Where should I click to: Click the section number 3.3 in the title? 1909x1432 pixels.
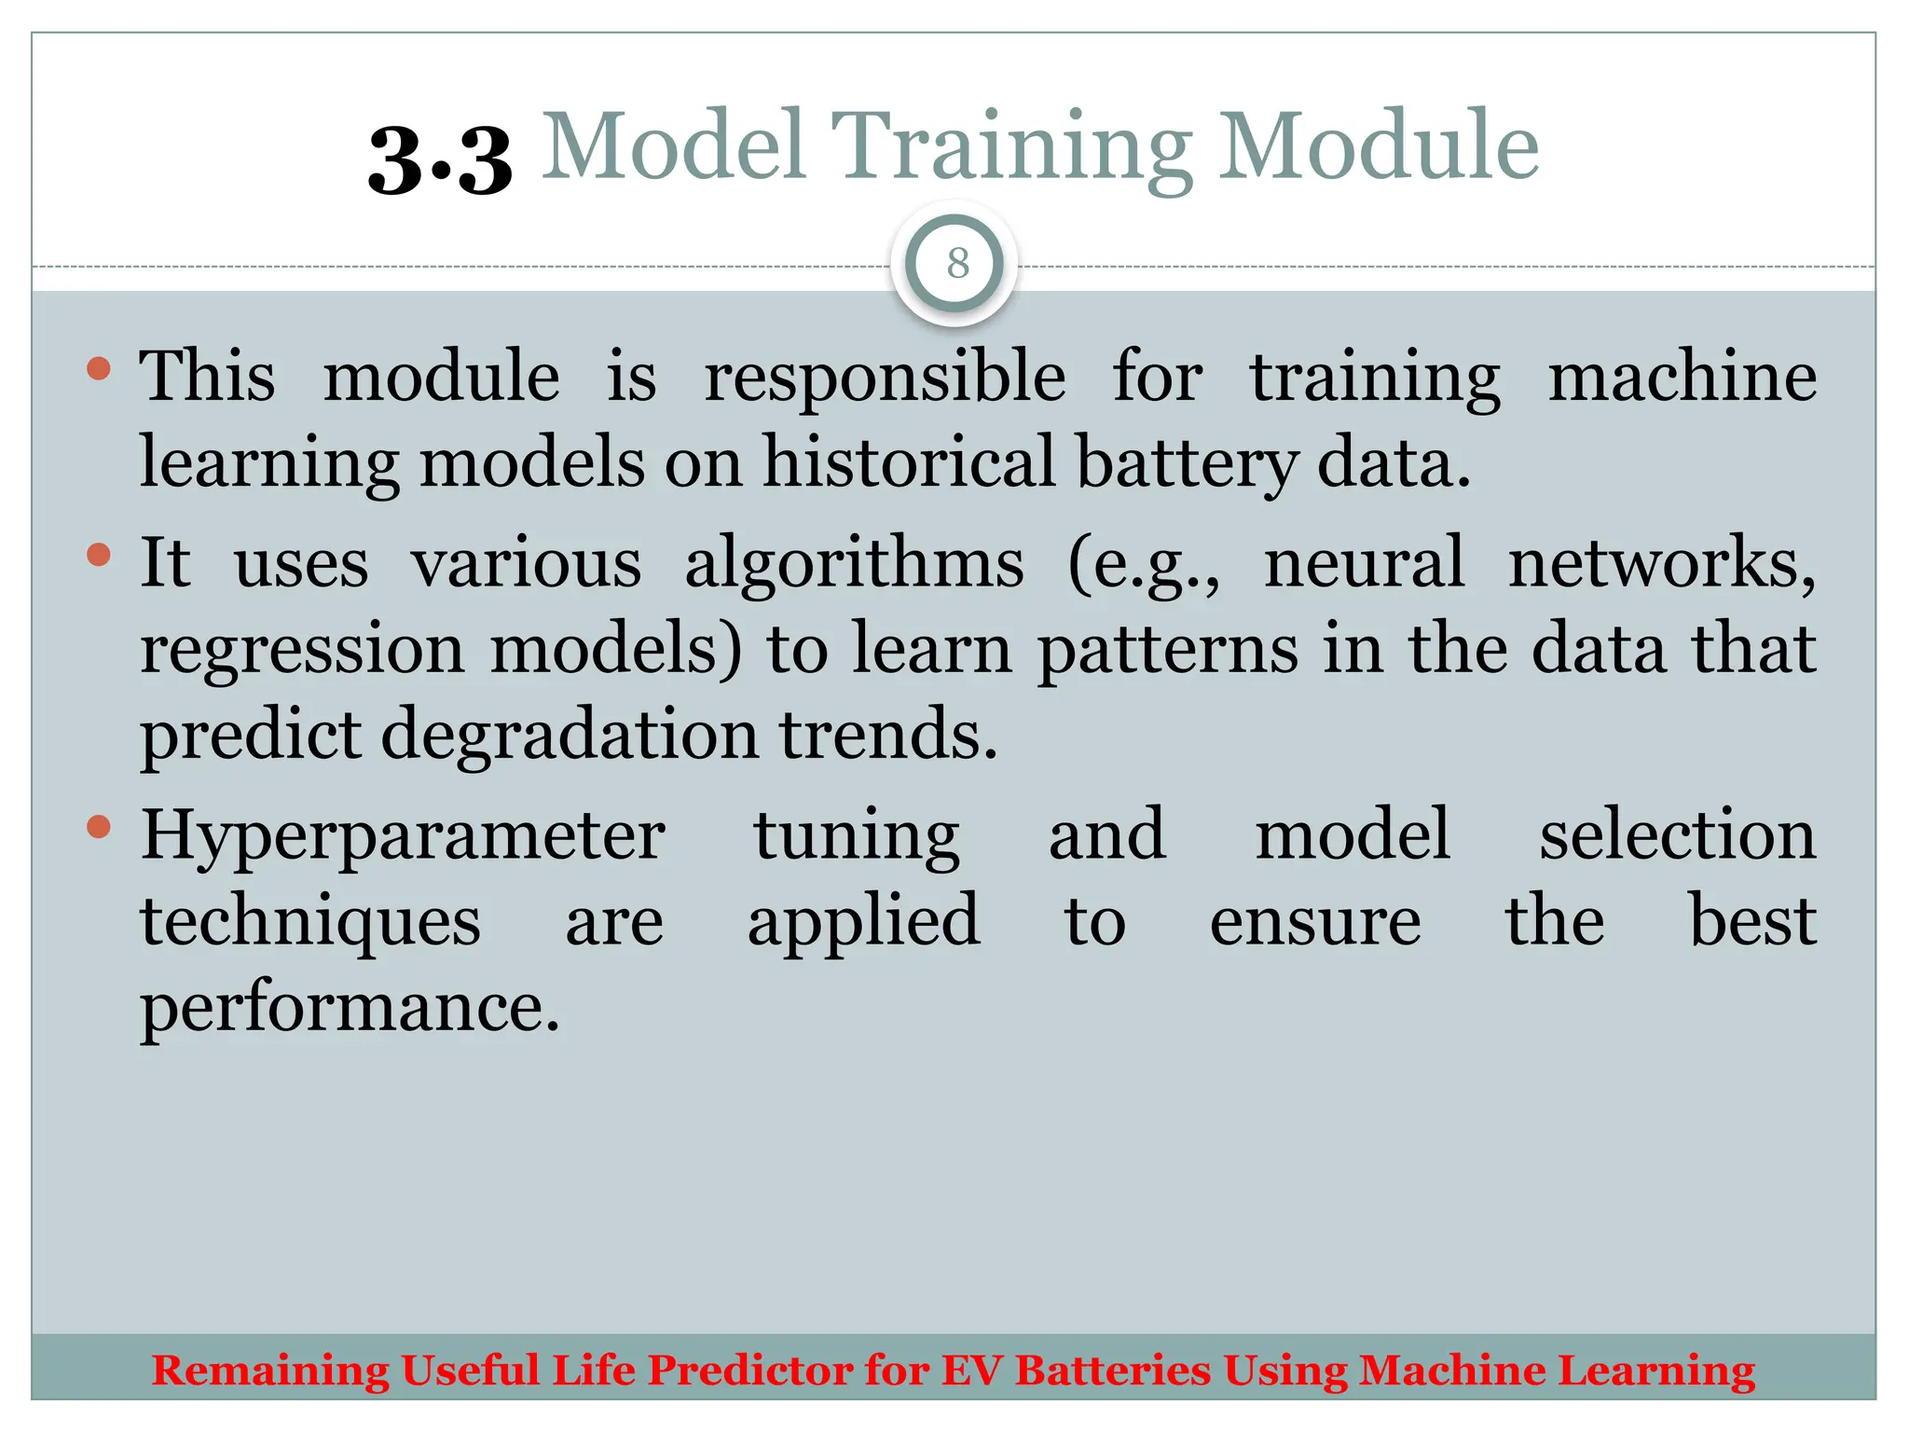(x=440, y=160)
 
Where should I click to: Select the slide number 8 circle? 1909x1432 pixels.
(x=956, y=264)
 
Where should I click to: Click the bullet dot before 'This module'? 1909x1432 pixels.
(x=98, y=369)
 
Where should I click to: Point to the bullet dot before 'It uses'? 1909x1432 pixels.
(x=98, y=556)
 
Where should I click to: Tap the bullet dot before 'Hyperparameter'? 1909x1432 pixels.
(x=98, y=827)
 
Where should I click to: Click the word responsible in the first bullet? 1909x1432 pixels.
(x=884, y=379)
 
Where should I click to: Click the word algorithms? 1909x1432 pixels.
(x=854, y=565)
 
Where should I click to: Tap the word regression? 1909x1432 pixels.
(x=302, y=651)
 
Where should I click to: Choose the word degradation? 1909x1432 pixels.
(x=569, y=735)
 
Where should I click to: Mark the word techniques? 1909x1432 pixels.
(x=310, y=922)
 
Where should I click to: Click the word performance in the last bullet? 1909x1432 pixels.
(x=350, y=1009)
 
